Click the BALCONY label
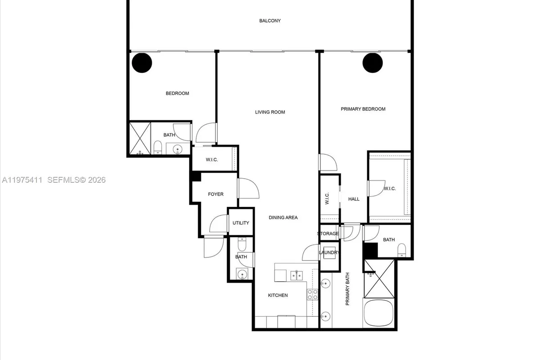[x=270, y=21]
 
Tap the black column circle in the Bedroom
[x=142, y=63]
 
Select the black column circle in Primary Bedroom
[x=373, y=63]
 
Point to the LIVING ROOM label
[x=270, y=112]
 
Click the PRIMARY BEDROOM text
[x=363, y=109]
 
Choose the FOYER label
[x=216, y=194]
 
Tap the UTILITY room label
[x=241, y=223]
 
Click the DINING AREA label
[x=283, y=218]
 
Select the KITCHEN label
[x=278, y=295]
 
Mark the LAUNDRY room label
[x=329, y=253]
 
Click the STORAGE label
[x=328, y=234]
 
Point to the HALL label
[x=354, y=199]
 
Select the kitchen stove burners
[x=312, y=295]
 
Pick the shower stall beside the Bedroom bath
[x=139, y=138]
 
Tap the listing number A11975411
[x=22, y=180]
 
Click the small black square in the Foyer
[x=196, y=177]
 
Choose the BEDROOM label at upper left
[x=177, y=94]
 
